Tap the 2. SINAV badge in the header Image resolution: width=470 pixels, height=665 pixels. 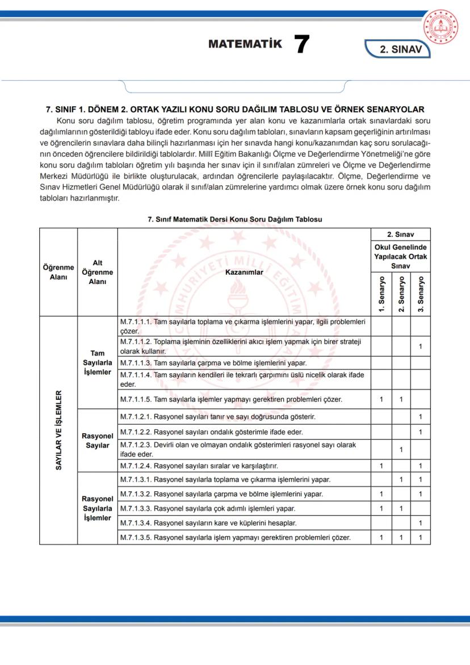[x=400, y=49]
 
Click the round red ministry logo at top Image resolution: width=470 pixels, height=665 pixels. [x=444, y=27]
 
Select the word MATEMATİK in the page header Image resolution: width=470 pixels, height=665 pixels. [x=245, y=44]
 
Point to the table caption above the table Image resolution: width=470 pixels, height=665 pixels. [x=234, y=219]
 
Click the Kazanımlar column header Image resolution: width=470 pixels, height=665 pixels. [x=244, y=272]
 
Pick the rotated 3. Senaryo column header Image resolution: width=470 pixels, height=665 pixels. [x=421, y=294]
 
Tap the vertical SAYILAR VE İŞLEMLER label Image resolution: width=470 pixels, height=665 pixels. [x=58, y=430]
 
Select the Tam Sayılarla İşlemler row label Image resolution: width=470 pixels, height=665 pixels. [x=97, y=362]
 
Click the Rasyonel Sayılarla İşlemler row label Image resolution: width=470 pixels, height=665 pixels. [x=97, y=508]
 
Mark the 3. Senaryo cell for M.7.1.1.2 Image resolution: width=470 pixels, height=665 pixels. [x=421, y=346]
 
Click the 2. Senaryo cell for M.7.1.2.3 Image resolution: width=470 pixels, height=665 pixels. [x=401, y=450]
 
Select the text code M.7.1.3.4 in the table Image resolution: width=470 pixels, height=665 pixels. [x=136, y=523]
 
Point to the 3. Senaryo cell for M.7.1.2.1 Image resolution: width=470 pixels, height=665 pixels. [x=421, y=417]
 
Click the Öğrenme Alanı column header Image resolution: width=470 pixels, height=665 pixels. [x=58, y=272]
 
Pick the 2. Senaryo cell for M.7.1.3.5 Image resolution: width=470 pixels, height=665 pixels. [x=401, y=537]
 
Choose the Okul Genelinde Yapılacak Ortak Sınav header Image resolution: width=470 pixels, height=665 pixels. [x=401, y=257]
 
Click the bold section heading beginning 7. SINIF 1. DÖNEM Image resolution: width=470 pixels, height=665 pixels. [x=234, y=110]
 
